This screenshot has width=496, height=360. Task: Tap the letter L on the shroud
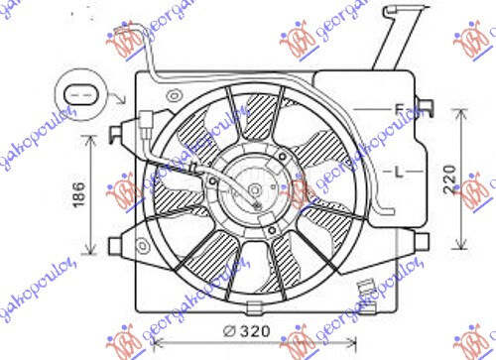point(399,172)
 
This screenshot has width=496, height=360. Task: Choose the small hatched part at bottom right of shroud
point(366,291)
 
